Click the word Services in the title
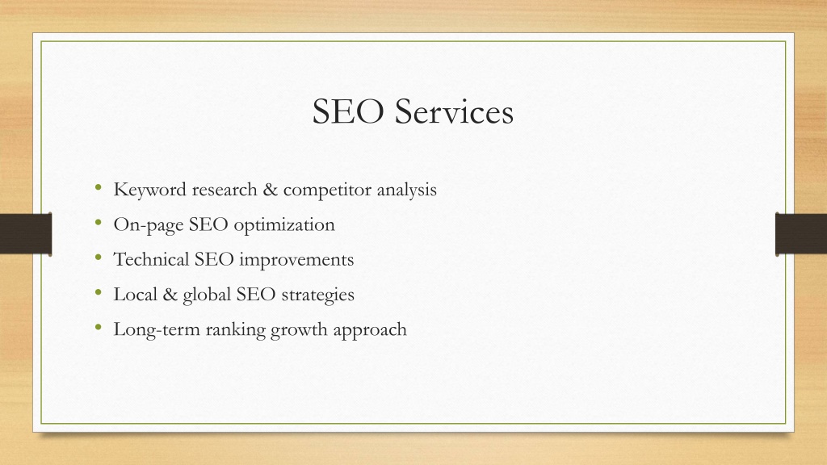click(454, 111)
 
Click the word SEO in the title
click(348, 111)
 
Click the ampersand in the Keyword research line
click(270, 189)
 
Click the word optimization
click(284, 225)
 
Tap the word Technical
click(151, 259)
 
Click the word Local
click(135, 294)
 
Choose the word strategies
click(317, 295)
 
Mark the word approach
click(370, 330)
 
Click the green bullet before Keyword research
click(98, 187)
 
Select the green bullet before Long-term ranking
click(98, 328)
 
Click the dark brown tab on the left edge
click(26, 234)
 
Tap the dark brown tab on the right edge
click(801, 234)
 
